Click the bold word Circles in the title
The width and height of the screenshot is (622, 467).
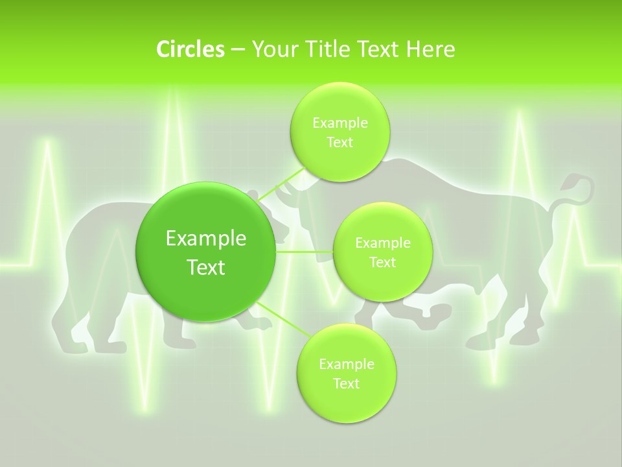click(x=190, y=49)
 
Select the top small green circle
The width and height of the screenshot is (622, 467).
click(x=340, y=132)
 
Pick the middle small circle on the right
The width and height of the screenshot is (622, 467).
click(x=382, y=252)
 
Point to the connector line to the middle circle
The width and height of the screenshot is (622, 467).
click(x=304, y=252)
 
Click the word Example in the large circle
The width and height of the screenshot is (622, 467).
click(x=206, y=239)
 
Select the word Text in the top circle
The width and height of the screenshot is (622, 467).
click(x=340, y=142)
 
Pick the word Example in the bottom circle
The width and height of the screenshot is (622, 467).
click(x=346, y=364)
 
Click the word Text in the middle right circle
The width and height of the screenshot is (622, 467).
click(x=382, y=262)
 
